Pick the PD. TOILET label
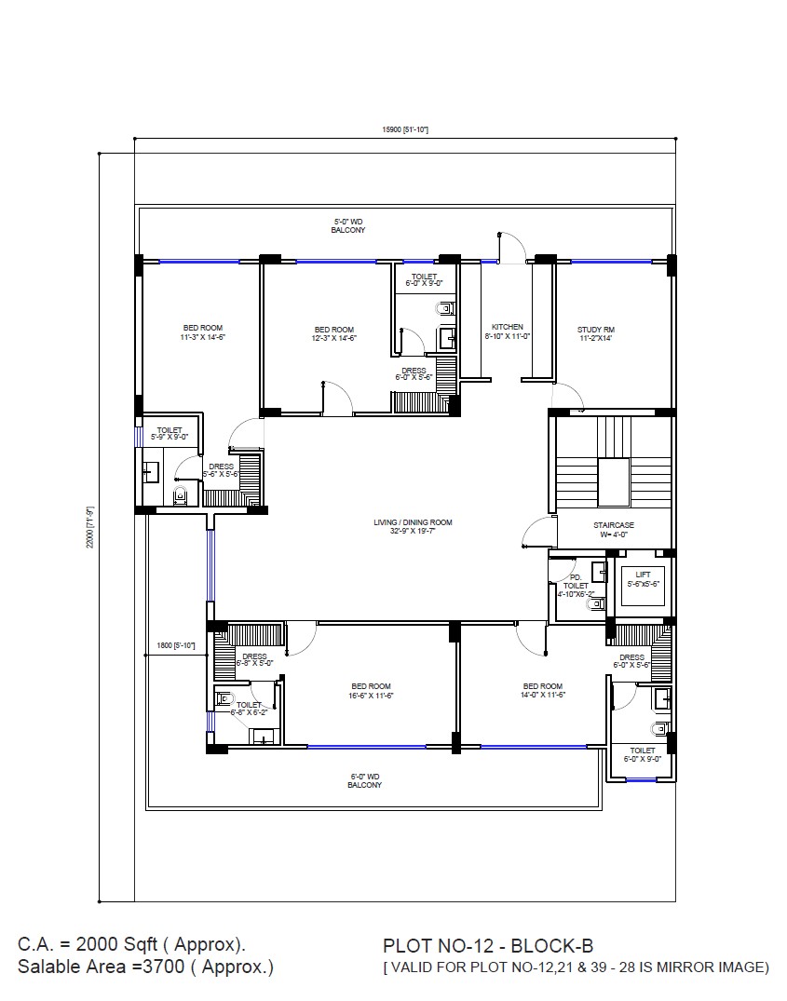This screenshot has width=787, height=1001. [x=575, y=586]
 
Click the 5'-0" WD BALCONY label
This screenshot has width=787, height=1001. [x=347, y=225]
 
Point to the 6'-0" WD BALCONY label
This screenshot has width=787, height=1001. [x=364, y=780]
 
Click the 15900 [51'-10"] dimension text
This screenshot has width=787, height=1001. [x=404, y=129]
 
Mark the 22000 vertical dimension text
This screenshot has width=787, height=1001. [x=90, y=526]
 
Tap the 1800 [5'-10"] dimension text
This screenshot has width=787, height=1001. [x=175, y=645]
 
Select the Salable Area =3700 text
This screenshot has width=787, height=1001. [x=145, y=967]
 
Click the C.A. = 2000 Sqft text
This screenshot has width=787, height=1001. [x=131, y=944]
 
